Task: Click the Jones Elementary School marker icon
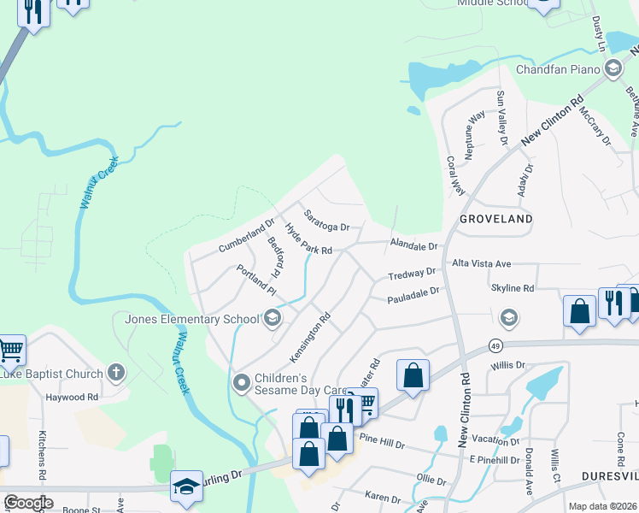(x=273, y=320)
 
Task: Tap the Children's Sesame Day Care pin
(x=242, y=381)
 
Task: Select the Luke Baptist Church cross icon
(x=116, y=373)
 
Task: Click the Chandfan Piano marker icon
(x=612, y=69)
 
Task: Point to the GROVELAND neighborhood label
(x=496, y=219)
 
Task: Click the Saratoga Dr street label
(x=326, y=221)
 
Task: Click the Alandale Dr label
(x=413, y=245)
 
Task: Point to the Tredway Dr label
(x=412, y=274)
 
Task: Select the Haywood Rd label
(x=72, y=397)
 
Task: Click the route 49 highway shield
(x=495, y=345)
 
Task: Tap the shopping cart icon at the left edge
(x=10, y=348)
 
